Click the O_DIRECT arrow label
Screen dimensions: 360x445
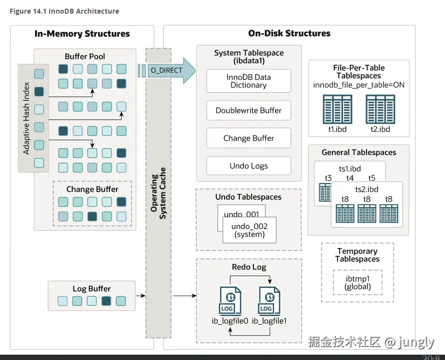pos(166,71)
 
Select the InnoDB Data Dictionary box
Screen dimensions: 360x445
pos(249,81)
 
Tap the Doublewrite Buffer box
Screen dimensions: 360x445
pos(249,111)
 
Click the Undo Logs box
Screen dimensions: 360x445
pos(249,166)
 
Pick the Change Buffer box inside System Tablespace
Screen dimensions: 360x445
pos(249,138)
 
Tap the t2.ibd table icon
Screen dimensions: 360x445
pos(380,110)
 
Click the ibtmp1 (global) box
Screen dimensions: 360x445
pos(357,283)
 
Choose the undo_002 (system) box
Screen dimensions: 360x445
pos(249,230)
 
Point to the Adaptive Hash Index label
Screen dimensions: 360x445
pos(27,118)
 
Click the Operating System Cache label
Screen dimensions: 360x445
pos(159,193)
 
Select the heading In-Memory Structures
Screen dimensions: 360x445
pos(82,34)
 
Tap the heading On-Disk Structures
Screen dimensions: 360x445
pos(289,34)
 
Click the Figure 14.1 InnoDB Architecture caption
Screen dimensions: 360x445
pos(64,11)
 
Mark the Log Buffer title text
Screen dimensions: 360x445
pos(92,289)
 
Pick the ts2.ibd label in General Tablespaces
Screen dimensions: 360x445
pos(367,189)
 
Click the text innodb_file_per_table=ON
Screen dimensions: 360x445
pos(359,85)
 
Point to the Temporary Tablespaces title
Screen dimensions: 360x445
pos(357,255)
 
